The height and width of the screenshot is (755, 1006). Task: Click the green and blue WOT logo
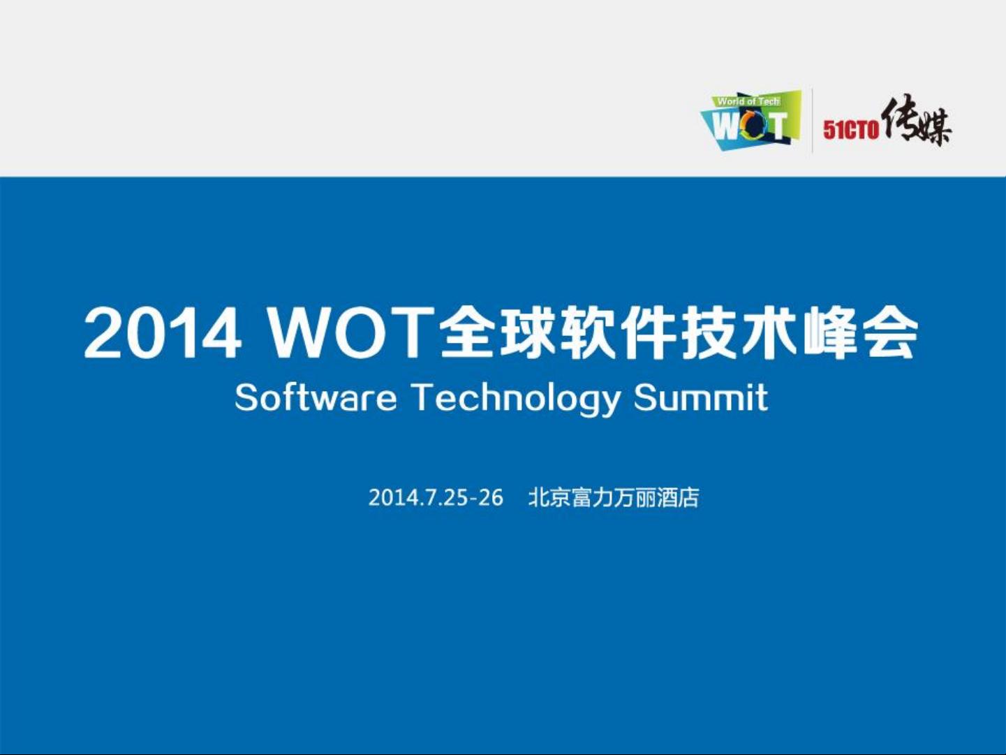coord(750,121)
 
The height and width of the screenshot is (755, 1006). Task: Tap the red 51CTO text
coord(850,130)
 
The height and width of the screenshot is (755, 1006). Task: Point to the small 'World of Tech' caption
coord(748,101)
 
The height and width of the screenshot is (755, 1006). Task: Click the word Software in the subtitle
coord(316,397)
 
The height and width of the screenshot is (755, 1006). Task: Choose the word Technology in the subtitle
coord(515,400)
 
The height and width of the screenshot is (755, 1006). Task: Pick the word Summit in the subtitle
coord(701,397)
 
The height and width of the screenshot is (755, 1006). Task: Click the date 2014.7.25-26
coord(436,498)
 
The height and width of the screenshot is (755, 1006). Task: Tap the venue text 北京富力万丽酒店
coord(614,498)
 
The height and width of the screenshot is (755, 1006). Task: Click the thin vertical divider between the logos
coord(813,121)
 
